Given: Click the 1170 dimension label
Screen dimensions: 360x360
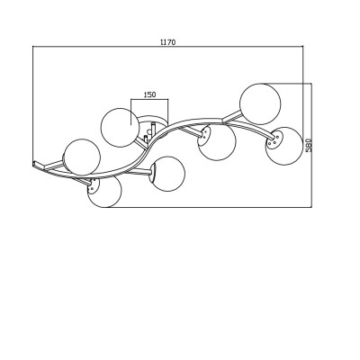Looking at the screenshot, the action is click(x=167, y=42).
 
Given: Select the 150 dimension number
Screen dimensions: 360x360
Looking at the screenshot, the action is click(x=149, y=94).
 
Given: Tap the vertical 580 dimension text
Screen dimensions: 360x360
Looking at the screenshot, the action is click(x=309, y=145).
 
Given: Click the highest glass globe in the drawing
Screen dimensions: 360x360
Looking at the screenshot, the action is click(x=260, y=103).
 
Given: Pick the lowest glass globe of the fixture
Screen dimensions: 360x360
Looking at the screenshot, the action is click(x=104, y=191).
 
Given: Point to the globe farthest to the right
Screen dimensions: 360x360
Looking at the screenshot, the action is click(x=284, y=146).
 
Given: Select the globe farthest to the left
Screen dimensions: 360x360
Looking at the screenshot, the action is click(x=82, y=157).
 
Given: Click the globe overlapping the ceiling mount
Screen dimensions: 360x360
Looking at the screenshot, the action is click(x=121, y=128).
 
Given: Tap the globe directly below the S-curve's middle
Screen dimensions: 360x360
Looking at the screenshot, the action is click(x=168, y=174).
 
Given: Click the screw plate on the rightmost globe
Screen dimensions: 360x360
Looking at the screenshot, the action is click(x=274, y=141).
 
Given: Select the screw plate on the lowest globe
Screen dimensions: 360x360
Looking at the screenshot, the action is click(x=93, y=186).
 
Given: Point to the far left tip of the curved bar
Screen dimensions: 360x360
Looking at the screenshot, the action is click(x=32, y=164).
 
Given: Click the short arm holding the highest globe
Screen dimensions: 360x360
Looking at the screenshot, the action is click(x=232, y=117).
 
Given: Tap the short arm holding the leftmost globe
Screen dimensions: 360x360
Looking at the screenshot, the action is click(x=54, y=165).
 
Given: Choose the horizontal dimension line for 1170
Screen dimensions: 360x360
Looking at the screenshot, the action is click(x=168, y=46).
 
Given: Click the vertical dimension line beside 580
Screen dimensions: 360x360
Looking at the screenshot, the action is click(x=312, y=145).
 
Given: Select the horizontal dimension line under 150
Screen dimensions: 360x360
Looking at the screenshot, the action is click(x=149, y=99).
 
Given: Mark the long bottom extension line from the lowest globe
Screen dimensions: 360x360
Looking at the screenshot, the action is click(x=209, y=207).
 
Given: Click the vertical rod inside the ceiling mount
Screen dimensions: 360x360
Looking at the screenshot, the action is click(x=153, y=129).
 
